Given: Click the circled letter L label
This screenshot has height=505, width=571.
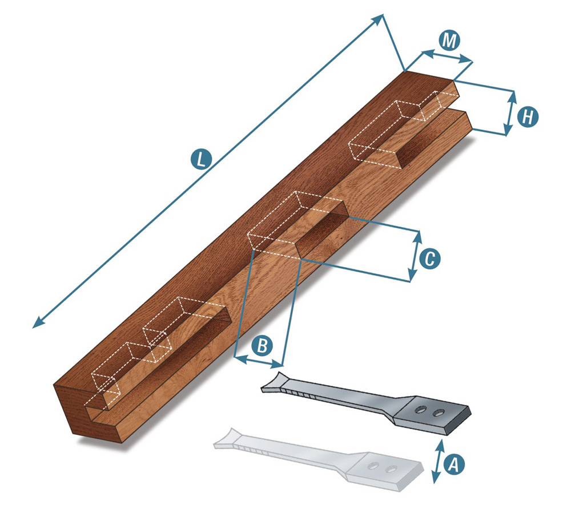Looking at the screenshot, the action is (x=200, y=160).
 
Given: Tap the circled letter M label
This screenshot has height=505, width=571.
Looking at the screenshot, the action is (x=449, y=41).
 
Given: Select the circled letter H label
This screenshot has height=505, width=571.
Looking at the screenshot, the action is (x=527, y=117).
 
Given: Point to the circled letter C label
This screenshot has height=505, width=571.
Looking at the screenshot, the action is (x=429, y=258).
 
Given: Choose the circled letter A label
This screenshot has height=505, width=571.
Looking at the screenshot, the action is (x=454, y=464).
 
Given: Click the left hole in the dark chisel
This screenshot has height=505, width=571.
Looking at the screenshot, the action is (x=421, y=409).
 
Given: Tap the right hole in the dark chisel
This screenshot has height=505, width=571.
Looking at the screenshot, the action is (x=438, y=413).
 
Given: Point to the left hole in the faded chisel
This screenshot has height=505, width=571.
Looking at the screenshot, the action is (x=373, y=466).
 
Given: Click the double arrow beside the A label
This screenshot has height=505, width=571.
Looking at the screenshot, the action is (x=437, y=462).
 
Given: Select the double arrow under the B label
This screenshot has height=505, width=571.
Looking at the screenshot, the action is (x=259, y=362).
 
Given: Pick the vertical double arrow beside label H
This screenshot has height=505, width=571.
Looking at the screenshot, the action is (x=510, y=113).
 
